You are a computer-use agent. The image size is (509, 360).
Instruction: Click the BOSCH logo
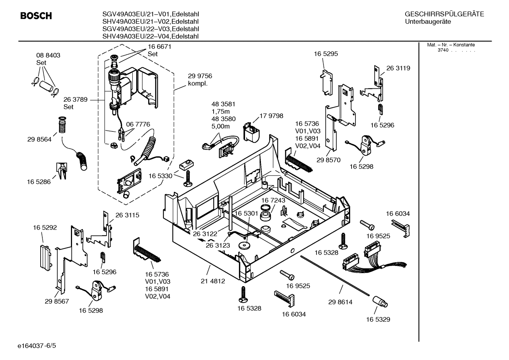point(36,16)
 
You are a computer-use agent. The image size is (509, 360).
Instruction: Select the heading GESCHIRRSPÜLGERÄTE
point(444,14)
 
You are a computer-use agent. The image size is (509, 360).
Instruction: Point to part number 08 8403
point(48,55)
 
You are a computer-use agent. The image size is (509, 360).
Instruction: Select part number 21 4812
point(213,281)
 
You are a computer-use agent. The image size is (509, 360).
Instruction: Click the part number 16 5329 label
point(378,319)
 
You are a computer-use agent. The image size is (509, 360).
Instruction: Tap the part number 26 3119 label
point(398,68)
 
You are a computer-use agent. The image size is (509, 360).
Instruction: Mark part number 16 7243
point(273,200)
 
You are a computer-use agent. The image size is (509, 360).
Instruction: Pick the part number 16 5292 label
point(45,228)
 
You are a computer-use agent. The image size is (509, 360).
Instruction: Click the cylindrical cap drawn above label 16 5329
point(380,302)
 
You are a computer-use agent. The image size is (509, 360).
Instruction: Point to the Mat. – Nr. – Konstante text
point(451,45)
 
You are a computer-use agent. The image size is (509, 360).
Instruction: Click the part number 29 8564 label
point(39,139)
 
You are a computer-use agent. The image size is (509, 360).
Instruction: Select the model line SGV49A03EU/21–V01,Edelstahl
point(150,14)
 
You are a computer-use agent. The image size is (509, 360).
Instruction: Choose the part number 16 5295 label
point(326,54)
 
